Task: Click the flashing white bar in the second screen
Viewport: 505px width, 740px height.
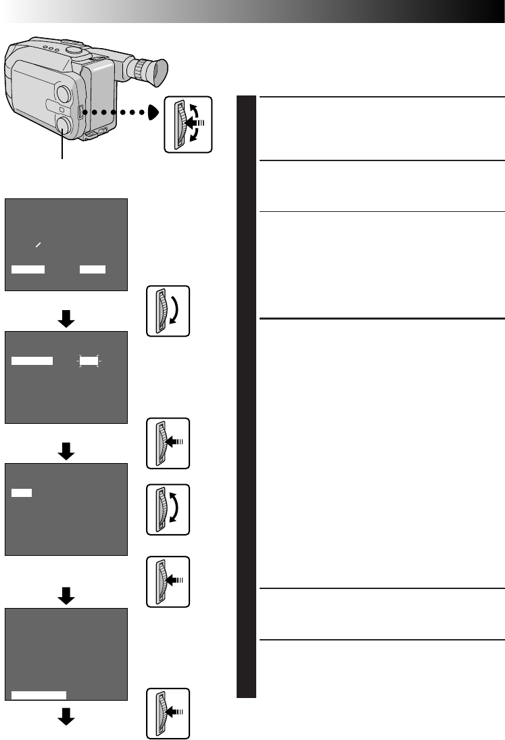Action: pos(89,362)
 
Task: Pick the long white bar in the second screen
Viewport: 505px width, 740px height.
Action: pos(32,362)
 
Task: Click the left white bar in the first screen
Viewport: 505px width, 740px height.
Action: pos(28,269)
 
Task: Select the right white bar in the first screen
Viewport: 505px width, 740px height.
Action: pos(92,269)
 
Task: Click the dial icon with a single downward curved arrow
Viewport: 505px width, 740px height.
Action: pos(168,311)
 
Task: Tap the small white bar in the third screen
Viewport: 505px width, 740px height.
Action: pos(21,493)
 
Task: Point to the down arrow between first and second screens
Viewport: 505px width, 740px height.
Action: pos(66,320)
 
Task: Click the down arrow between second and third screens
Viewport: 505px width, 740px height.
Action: pos(66,452)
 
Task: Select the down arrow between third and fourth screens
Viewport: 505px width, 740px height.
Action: pos(66,595)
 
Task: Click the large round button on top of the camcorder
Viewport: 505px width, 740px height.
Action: pos(75,49)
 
